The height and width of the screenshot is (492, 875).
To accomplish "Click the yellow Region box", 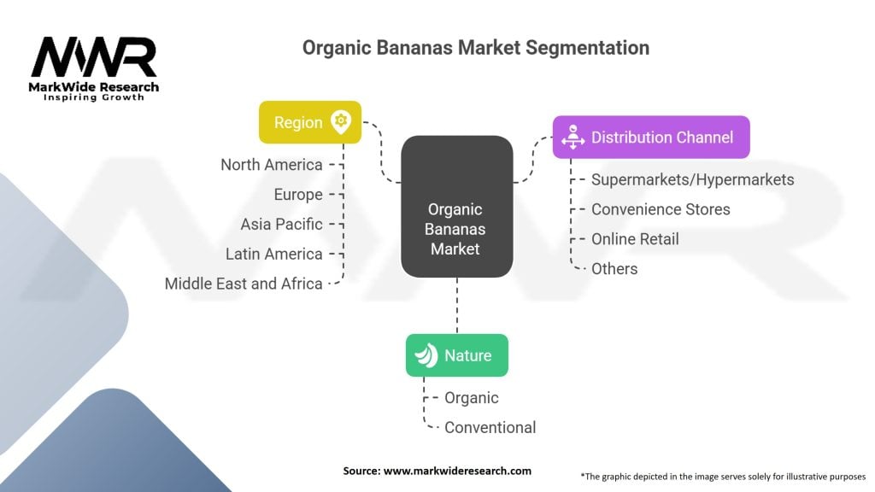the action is point(309,122).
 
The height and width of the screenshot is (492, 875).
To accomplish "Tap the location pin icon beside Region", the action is point(340,121).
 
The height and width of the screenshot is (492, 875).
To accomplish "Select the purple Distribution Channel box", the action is point(651,138).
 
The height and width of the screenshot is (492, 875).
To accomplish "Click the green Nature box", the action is point(457,355).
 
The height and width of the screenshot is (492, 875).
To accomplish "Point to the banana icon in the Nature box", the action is point(427,355).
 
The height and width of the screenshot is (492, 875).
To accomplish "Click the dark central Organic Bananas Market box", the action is point(457,207).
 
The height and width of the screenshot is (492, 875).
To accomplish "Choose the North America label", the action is point(272,165).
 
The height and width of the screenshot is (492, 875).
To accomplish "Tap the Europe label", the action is point(298,195).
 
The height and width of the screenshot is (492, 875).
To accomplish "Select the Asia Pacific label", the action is point(282,225).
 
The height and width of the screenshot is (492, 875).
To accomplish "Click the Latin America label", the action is point(274,254).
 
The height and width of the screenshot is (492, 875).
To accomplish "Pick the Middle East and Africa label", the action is point(244,284).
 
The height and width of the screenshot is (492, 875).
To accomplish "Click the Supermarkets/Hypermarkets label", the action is point(692,179).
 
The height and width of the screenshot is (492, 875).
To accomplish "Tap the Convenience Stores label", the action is point(661,209).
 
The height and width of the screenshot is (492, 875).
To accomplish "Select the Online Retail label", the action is point(635,239).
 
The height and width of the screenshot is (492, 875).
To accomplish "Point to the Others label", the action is point(614,269).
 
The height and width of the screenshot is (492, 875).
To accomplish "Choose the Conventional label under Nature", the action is point(490,427).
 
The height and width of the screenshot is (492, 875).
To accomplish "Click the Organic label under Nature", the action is point(472,398).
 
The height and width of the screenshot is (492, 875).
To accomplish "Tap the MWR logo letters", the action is point(94,57).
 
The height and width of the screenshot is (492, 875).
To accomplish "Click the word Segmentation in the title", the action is point(588,48).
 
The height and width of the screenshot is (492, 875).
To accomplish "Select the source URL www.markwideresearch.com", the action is point(457,471).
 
